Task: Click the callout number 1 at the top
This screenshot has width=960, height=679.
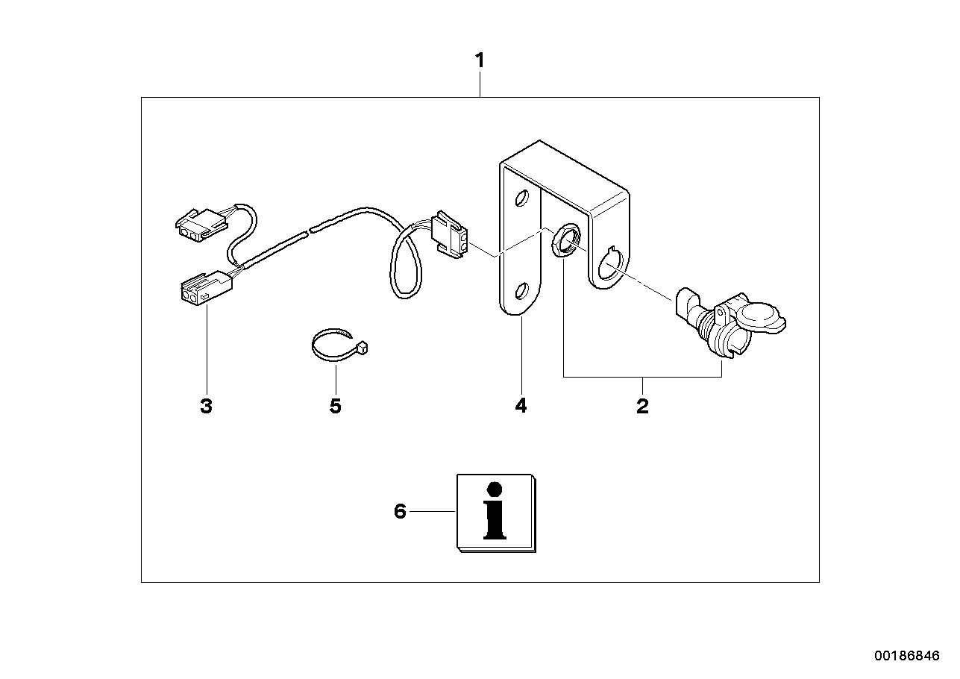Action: pos(480,60)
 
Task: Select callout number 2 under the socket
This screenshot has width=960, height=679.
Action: pos(642,407)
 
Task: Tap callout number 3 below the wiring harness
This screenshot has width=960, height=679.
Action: pos(206,407)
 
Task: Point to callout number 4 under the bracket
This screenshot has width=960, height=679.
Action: pos(521,407)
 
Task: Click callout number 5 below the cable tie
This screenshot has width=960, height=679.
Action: pos(335,407)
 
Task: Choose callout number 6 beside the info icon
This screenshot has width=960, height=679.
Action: pos(400,512)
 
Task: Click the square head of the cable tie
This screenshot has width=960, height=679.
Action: pos(363,347)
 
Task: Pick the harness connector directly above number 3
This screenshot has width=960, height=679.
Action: pos(203,287)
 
